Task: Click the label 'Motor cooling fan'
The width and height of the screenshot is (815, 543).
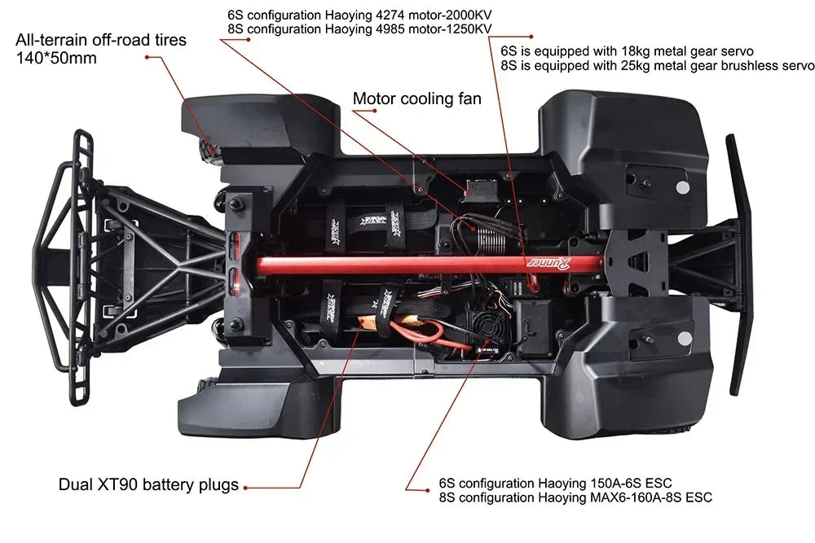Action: (416, 99)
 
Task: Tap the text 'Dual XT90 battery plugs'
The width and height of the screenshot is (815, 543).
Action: (148, 485)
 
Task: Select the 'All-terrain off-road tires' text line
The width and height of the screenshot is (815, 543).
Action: (101, 39)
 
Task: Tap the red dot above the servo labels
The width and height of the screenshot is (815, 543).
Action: (531, 36)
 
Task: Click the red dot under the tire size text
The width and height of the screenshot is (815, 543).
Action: (147, 58)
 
